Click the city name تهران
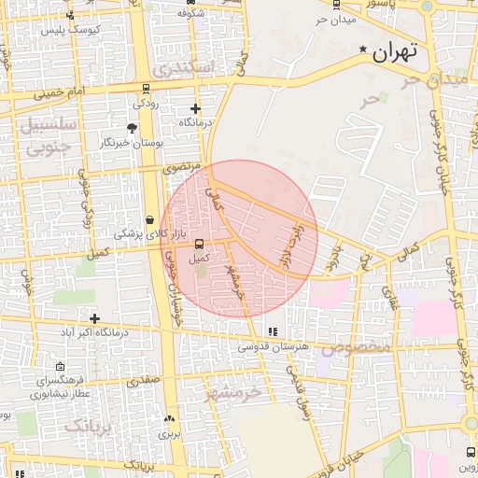pyautogui.click(x=392, y=53)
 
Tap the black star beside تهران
pyautogui.click(x=363, y=49)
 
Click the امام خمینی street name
pyautogui.click(x=60, y=92)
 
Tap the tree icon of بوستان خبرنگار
pyautogui.click(x=132, y=128)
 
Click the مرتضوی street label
pyautogui.click(x=182, y=167)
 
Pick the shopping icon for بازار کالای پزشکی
pyautogui.click(x=150, y=218)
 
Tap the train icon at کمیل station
pyautogui.click(x=199, y=245)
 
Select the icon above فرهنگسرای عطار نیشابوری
pyautogui.click(x=61, y=366)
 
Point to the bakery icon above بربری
pyautogui.click(x=169, y=419)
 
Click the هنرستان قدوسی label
pyautogui.click(x=273, y=346)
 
